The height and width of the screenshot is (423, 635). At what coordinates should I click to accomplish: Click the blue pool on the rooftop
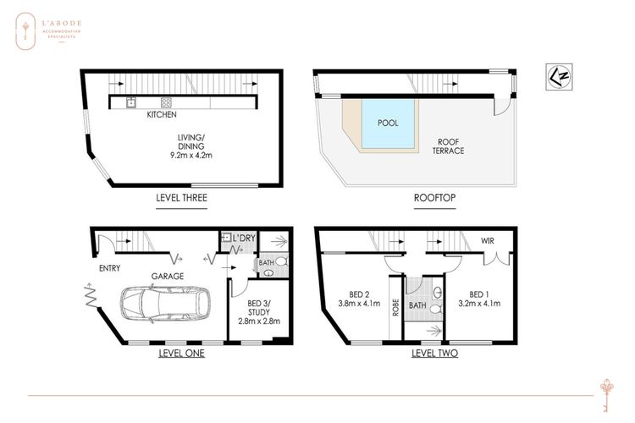388,124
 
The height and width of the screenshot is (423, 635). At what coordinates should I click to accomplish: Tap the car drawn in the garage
166,304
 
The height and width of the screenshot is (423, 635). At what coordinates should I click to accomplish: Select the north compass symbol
559,76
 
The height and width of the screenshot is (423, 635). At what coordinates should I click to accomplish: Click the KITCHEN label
162,114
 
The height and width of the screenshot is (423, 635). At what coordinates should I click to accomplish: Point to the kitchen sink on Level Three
130,102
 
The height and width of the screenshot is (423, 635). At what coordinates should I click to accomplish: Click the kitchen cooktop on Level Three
166,102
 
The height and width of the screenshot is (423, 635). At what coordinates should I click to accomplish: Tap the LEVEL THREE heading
181,197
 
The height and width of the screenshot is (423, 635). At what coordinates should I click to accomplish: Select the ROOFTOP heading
434,197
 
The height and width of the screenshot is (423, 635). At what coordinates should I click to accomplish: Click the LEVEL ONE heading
181,353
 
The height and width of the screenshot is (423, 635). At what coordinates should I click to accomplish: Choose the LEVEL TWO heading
434,353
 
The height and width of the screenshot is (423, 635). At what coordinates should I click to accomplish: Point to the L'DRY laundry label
244,238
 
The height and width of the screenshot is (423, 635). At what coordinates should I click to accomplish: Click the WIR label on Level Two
487,241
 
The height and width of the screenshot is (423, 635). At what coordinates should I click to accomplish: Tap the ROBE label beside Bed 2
395,307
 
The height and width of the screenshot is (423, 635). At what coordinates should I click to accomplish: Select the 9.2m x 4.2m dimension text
191,155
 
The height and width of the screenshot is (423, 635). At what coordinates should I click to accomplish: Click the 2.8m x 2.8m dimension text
259,321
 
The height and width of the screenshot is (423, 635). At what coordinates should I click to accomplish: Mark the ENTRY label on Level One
109,268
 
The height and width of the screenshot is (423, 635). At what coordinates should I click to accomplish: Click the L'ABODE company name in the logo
62,24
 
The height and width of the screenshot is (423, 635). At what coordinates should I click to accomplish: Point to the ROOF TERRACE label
448,146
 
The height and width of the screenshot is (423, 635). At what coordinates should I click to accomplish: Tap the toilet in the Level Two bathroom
436,310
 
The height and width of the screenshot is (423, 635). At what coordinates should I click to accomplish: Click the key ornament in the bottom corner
606,395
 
